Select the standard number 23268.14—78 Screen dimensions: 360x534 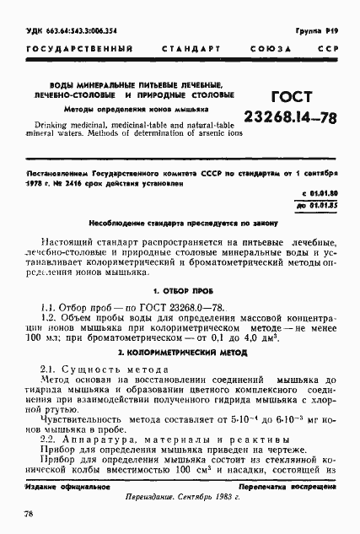(x=287, y=118)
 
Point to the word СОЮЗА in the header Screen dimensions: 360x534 (x=268, y=50)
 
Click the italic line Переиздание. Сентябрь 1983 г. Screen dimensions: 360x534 (x=180, y=498)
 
